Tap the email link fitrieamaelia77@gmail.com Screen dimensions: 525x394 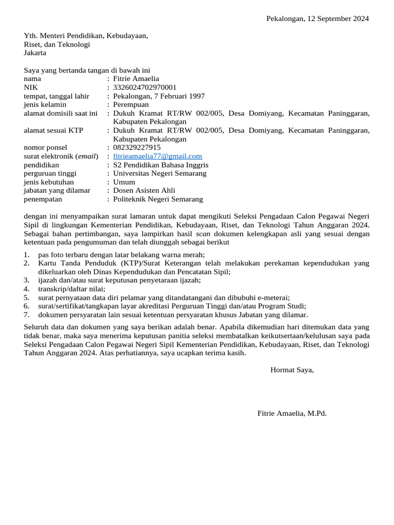pos(157,156)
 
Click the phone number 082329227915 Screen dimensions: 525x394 pos(136,148)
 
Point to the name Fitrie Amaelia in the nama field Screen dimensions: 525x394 pos(136,79)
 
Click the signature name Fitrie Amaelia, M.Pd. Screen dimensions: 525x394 pos(292,413)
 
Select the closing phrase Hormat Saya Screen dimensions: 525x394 pos(292,370)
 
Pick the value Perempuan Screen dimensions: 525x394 pos(132,105)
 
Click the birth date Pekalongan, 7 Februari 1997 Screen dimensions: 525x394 pos(159,96)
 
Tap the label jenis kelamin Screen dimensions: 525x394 pos(45,105)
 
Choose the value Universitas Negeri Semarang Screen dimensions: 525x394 pos(160,174)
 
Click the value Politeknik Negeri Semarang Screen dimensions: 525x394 pos(157,199)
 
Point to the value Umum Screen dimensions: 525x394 pos(124,182)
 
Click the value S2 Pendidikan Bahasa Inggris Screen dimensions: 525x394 pos(161,165)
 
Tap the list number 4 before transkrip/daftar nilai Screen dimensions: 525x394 pos(27,289)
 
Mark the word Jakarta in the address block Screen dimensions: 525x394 pos(35,53)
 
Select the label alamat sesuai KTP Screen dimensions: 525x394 pos(53,131)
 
